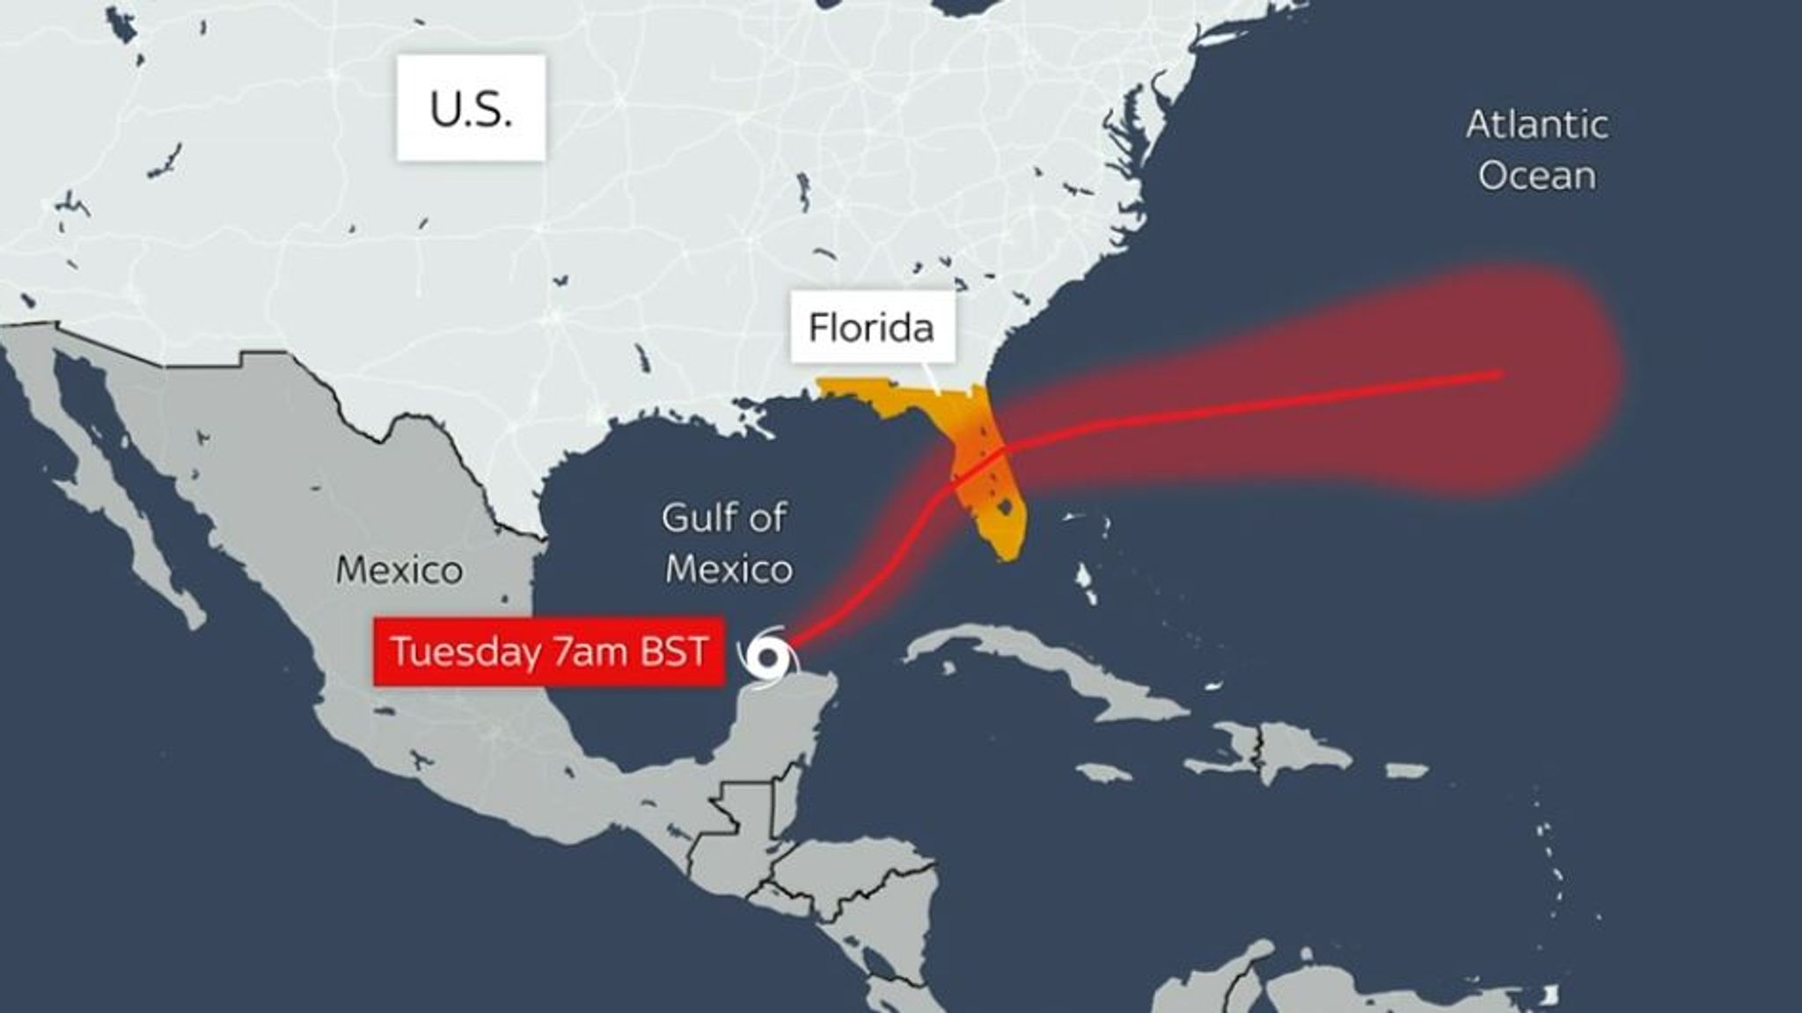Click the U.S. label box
point(471,108)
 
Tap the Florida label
point(871,328)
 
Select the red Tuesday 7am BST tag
point(549,652)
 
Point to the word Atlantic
point(1537,125)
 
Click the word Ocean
point(1537,176)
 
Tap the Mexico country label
point(399,571)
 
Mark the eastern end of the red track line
point(1500,375)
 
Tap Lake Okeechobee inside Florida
point(1000,507)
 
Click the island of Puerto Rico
point(1406,770)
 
